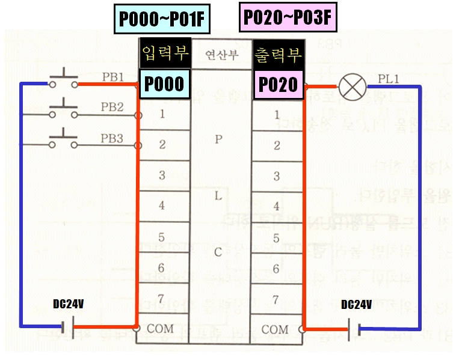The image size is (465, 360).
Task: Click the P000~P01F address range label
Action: pos(162,19)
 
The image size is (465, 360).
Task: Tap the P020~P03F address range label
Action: pos(288,17)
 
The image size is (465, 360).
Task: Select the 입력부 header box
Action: pos(164,55)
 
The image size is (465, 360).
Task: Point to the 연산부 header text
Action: pos(221,55)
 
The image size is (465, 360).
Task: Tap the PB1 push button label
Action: pos(112,77)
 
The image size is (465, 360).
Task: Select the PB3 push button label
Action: pos(112,138)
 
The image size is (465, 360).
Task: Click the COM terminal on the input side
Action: pos(159,329)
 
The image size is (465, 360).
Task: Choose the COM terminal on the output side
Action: pos(275,329)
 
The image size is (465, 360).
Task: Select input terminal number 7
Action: pos(162,299)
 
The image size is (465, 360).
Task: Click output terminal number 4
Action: pos(277,206)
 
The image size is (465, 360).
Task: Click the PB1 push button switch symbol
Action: pos(63,82)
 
